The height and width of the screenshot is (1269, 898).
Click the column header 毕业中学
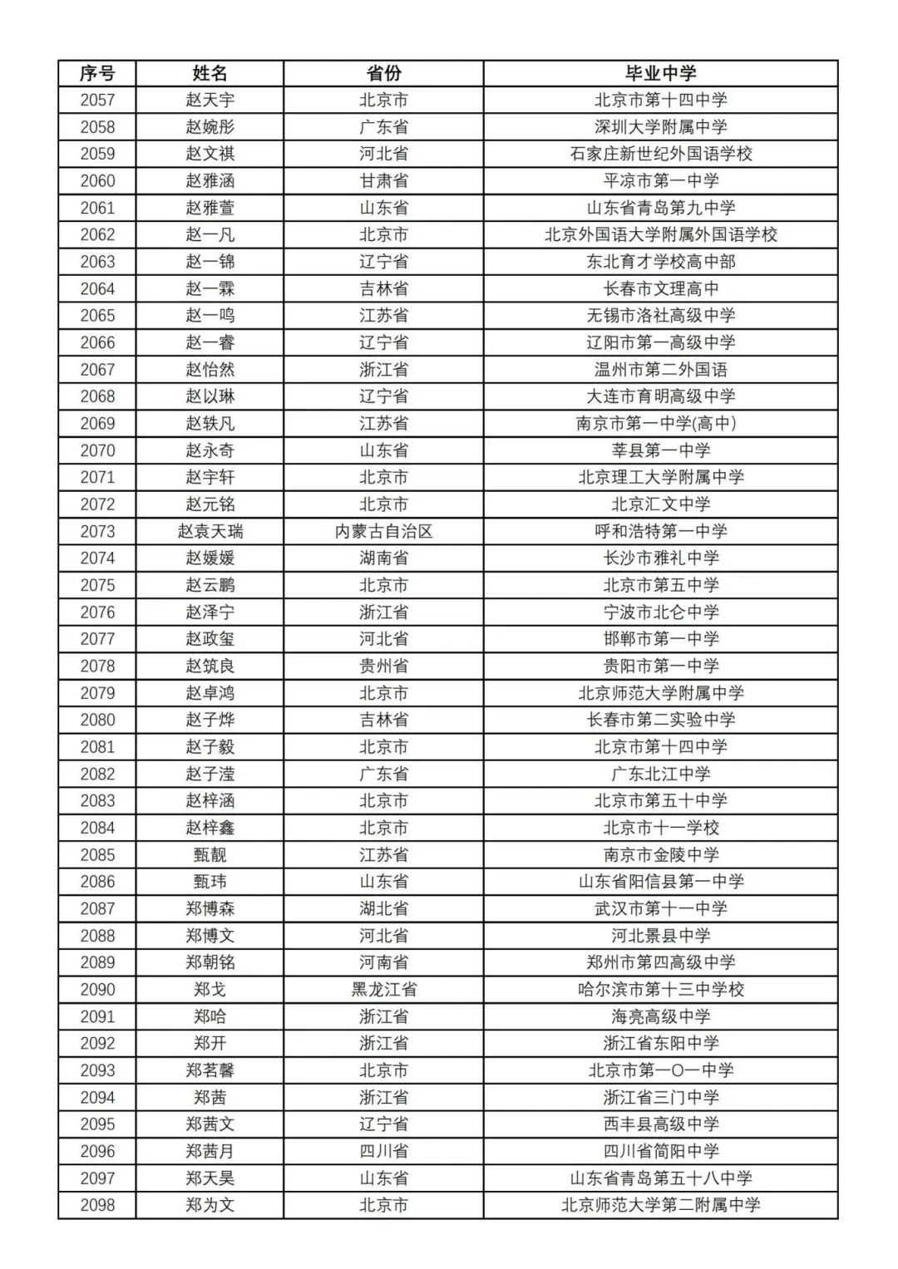[x=660, y=73]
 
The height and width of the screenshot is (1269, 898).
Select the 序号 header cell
[x=97, y=73]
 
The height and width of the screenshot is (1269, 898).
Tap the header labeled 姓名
[x=210, y=73]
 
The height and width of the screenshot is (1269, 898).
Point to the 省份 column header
[x=383, y=73]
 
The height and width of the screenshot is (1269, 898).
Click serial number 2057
[x=97, y=101]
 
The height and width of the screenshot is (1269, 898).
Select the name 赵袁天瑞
[x=210, y=531]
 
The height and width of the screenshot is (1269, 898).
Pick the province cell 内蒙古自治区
[x=383, y=531]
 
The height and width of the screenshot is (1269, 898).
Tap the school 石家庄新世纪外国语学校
[x=660, y=154]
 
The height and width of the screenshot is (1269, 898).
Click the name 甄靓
[x=210, y=854]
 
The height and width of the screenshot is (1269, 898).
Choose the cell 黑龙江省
[x=383, y=989]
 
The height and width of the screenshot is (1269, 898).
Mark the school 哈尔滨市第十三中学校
[x=660, y=989]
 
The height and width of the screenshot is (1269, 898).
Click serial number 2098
[x=97, y=1205]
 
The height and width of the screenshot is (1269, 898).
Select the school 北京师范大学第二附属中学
[x=660, y=1205]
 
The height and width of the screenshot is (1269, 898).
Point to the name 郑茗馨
[x=210, y=1070]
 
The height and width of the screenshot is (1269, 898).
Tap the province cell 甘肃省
[x=383, y=181]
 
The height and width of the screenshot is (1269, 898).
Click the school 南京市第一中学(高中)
[x=660, y=423]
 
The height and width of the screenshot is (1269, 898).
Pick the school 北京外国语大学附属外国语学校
[x=660, y=234]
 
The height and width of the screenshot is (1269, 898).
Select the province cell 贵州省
[x=383, y=666]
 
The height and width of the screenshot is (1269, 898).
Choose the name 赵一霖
[x=210, y=288]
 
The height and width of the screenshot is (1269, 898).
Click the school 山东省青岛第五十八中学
[x=660, y=1178]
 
